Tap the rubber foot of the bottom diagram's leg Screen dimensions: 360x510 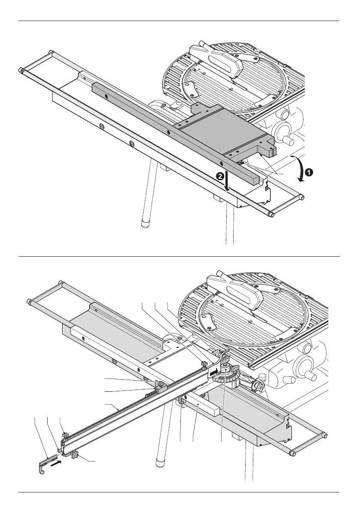pyautogui.click(x=159, y=462)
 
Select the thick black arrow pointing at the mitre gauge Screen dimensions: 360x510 pyautogui.click(x=213, y=370)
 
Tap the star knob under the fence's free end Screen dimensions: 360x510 pyautogui.click(x=74, y=453)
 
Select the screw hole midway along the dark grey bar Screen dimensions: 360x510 pyautogui.click(x=168, y=132)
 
